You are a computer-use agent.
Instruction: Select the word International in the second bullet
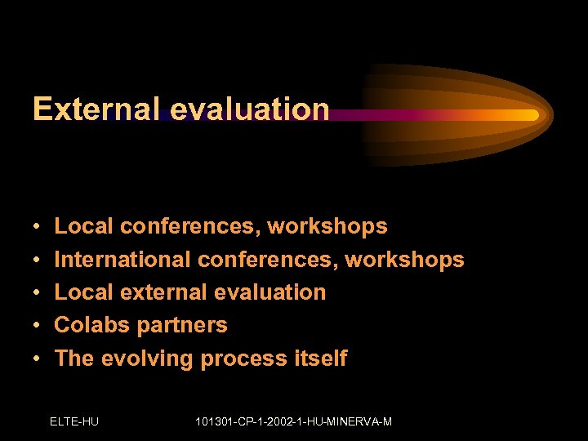click(122, 260)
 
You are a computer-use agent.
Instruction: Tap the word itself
click(321, 358)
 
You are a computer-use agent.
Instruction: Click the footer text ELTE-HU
click(74, 421)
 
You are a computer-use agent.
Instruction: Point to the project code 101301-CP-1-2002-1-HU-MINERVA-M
click(294, 421)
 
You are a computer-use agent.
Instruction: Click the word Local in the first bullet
click(83, 226)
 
